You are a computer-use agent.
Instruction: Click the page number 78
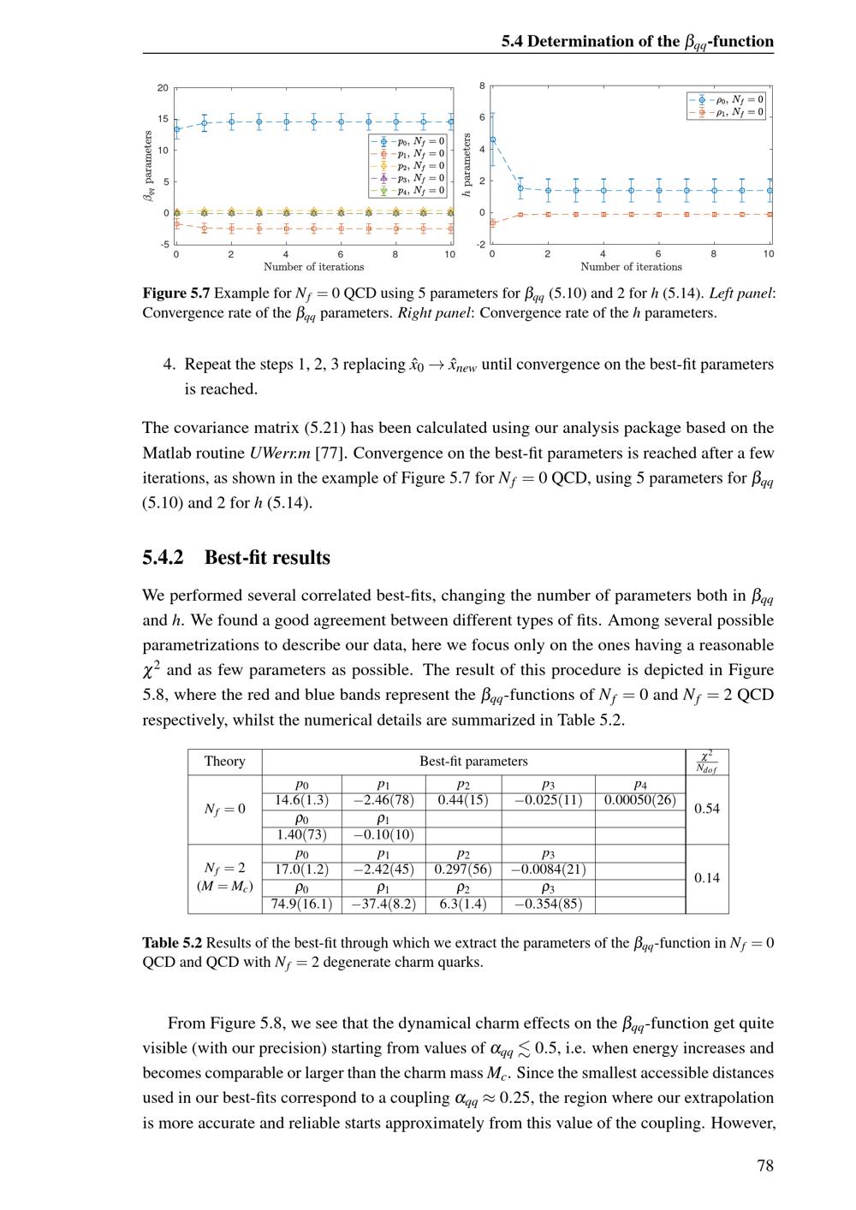coord(765,1166)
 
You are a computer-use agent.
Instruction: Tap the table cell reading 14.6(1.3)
coord(301,800)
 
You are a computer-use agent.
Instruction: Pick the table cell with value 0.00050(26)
coord(639,800)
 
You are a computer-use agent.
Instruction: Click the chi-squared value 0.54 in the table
coord(707,809)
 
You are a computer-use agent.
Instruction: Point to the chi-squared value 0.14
coord(707,878)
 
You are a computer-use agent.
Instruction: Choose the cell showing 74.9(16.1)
coord(301,904)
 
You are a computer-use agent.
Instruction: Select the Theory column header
coord(225,762)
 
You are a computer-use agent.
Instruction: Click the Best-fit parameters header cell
coord(473,762)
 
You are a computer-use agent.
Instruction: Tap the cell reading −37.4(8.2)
coord(384,904)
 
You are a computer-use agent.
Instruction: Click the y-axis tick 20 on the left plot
coord(163,87)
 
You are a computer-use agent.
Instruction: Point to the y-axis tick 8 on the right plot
coord(482,86)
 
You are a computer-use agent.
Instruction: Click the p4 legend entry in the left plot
coord(409,191)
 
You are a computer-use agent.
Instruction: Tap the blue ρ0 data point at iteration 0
coord(492,139)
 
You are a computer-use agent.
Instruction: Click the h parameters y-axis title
coord(467,166)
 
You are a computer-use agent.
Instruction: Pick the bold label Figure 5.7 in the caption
coord(176,294)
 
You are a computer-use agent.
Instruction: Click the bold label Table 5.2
coord(172,943)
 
